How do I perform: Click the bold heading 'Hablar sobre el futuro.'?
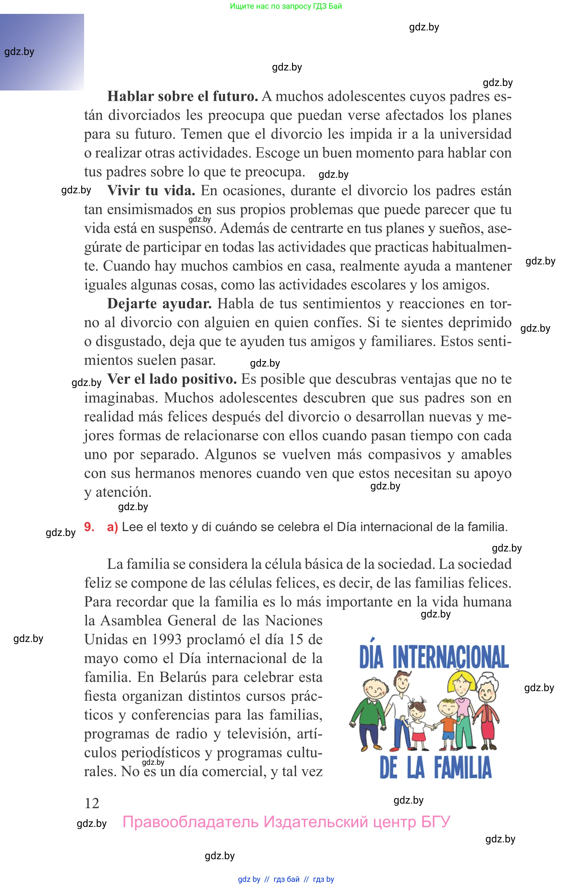pos(182,97)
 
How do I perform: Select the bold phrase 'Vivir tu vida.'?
pos(151,191)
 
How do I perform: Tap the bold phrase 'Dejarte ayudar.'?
pos(159,304)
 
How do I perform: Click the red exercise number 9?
pos(89,527)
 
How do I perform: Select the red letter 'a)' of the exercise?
pos(112,527)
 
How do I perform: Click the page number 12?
pos(92,803)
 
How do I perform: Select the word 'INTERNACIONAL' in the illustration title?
pos(450,657)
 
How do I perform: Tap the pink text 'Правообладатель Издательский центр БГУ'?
pos(286,822)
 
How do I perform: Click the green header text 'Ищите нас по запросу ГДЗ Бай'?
pos(286,6)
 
